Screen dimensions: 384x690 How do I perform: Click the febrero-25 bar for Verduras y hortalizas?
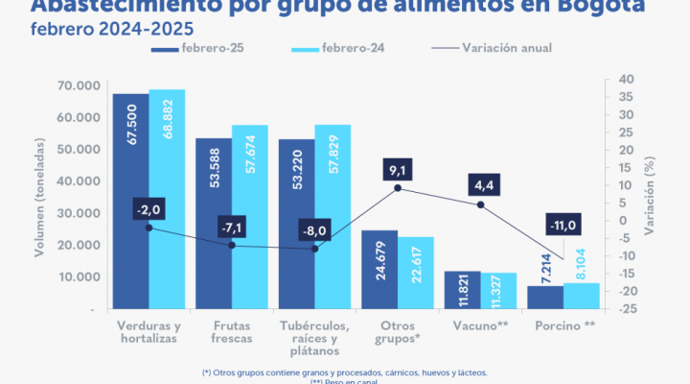[x=130, y=202]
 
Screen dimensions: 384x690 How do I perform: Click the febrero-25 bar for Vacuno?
[x=463, y=290]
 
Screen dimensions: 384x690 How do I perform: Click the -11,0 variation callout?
[x=563, y=226]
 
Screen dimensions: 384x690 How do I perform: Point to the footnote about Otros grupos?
[x=345, y=372]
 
